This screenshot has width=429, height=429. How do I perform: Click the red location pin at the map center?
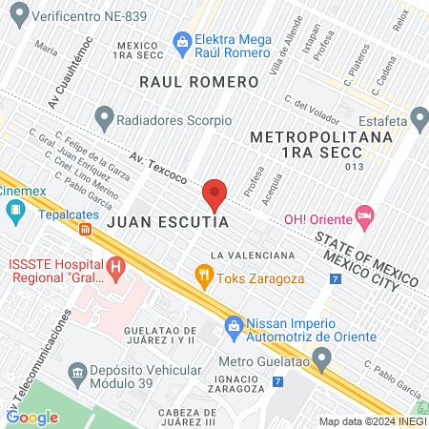click(x=214, y=195)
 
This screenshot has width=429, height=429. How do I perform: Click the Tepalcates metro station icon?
click(x=86, y=229)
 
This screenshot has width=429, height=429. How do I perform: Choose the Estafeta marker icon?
click(x=419, y=120)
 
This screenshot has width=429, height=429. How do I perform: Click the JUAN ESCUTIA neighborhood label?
click(x=168, y=221)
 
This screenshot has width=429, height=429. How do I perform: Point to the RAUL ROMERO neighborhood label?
click(x=198, y=82)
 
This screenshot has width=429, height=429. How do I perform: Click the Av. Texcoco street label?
click(x=156, y=165)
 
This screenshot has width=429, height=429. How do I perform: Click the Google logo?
click(x=32, y=417)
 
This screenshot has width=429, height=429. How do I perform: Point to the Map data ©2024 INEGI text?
click(x=372, y=421)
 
